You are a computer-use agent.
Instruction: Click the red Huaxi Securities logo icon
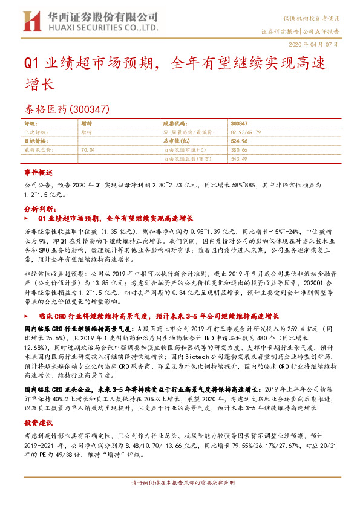tap(29, 22)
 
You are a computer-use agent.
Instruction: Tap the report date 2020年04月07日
tap(320, 44)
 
